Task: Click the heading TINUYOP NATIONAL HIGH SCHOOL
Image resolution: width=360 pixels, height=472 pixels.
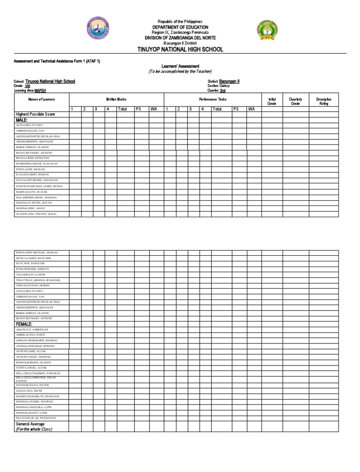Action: pos(180,49)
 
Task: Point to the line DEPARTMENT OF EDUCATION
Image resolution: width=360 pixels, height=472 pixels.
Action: pos(180,27)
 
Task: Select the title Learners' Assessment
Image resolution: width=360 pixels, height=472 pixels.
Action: pos(180,66)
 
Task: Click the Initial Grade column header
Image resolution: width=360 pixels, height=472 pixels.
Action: pos(271,101)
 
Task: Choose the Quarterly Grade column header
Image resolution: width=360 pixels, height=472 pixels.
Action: pos(295,101)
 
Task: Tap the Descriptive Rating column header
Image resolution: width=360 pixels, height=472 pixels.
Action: pos(323,101)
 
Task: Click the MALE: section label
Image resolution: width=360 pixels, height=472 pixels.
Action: pos(23,120)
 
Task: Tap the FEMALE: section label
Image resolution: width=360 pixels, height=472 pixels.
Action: pos(24,324)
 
